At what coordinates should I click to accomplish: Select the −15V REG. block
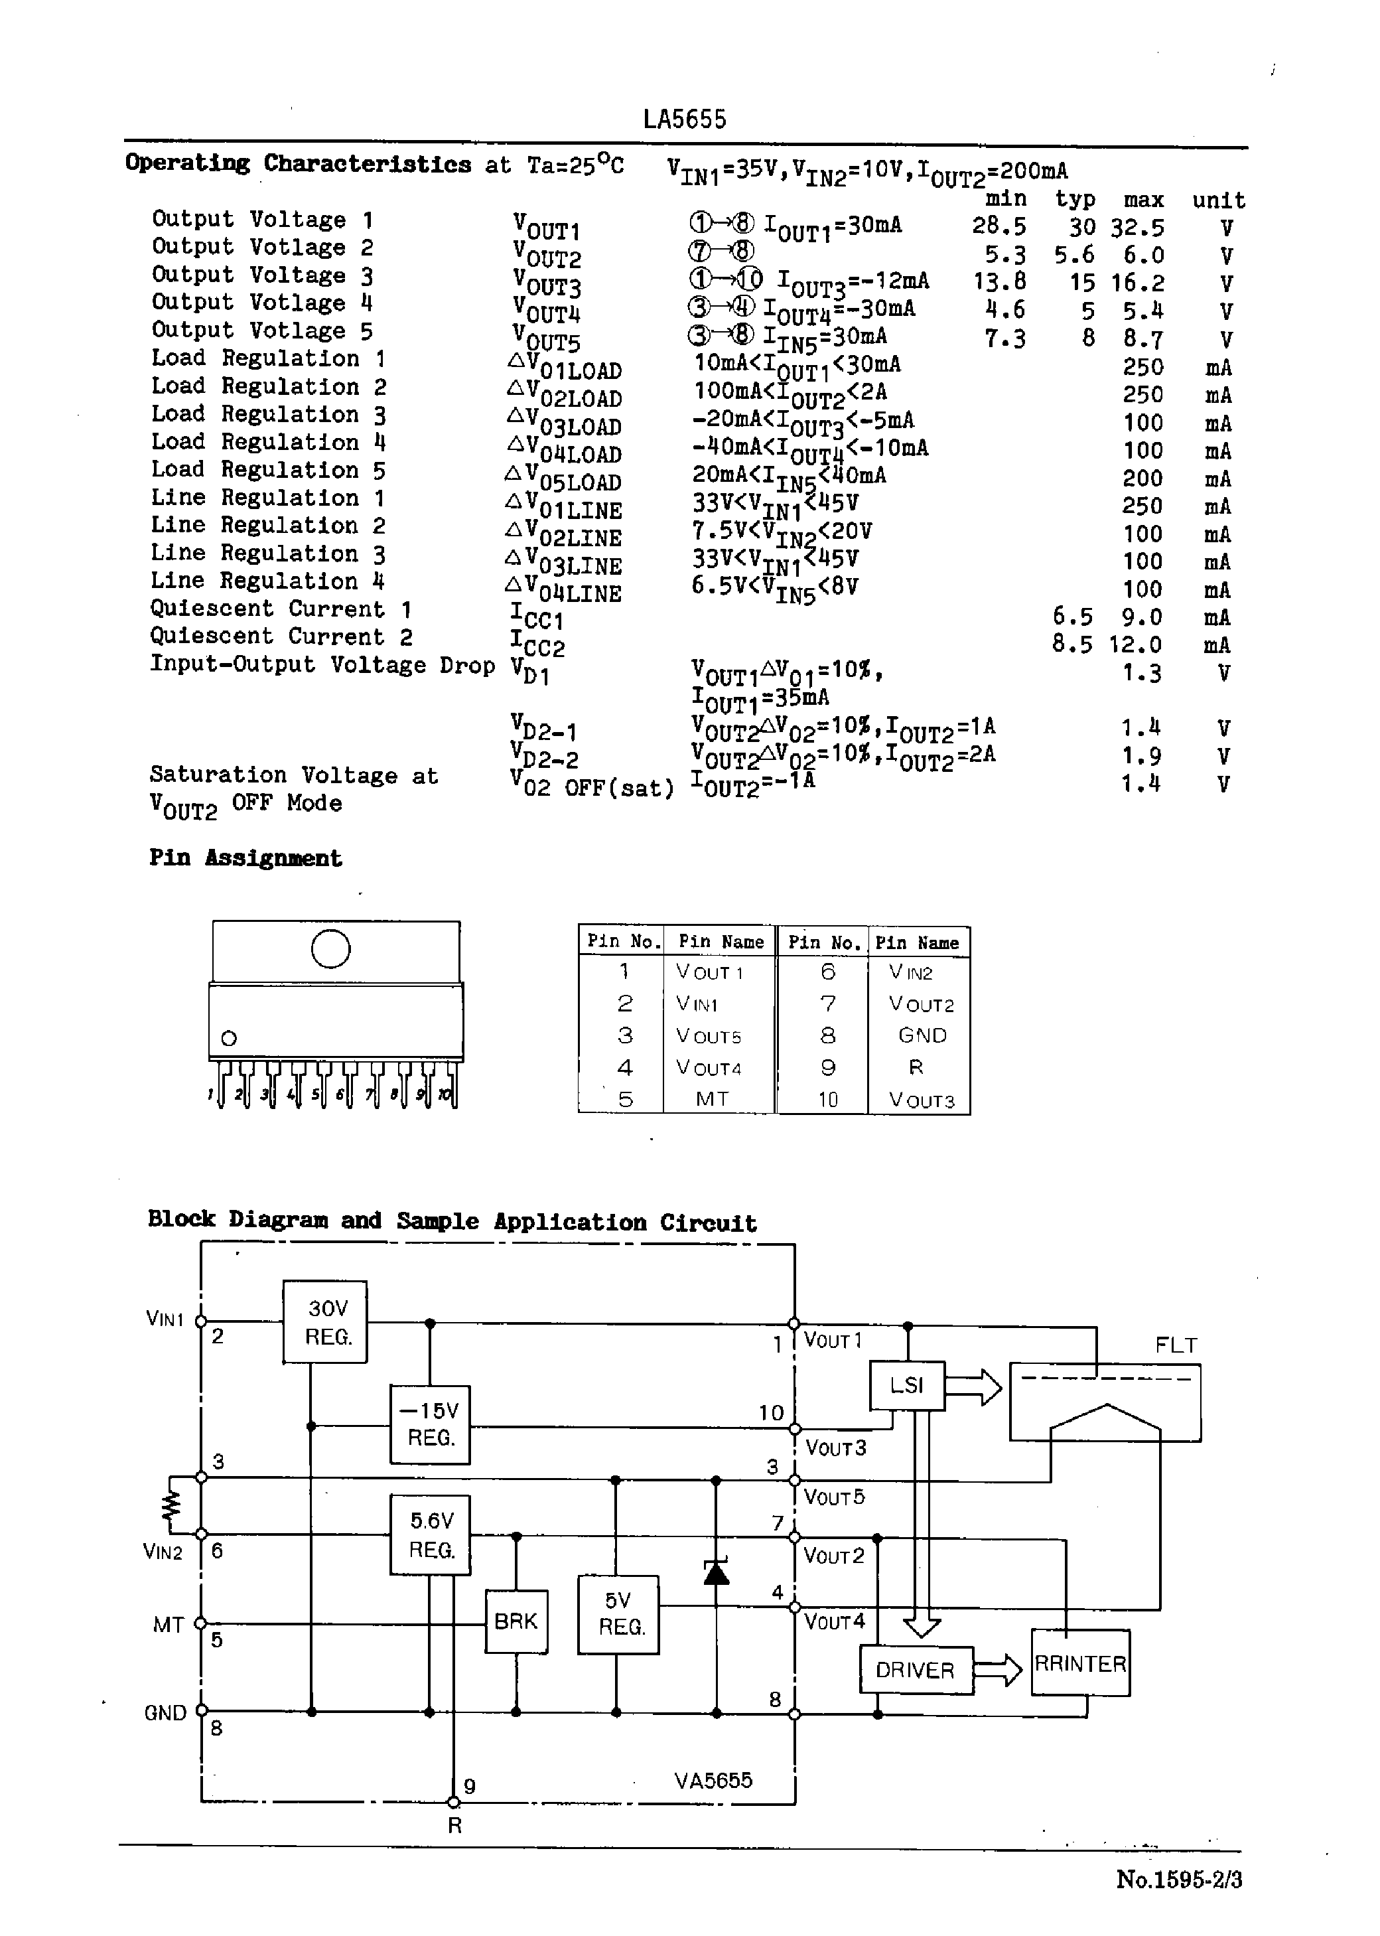point(430,1424)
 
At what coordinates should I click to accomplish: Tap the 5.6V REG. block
point(430,1535)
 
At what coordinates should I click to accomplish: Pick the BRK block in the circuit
point(516,1621)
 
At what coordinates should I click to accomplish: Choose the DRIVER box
point(915,1670)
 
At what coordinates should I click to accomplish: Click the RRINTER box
point(1080,1663)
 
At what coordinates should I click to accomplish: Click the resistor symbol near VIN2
point(172,1506)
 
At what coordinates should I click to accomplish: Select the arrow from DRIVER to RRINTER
point(998,1670)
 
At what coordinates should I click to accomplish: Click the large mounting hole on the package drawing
point(330,948)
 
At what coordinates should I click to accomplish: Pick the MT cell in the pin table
point(712,1099)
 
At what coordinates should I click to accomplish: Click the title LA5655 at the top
point(685,119)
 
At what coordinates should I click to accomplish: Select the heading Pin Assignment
point(245,857)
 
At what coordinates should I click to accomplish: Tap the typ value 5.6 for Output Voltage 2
point(1074,255)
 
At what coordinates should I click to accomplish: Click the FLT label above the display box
point(1176,1345)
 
